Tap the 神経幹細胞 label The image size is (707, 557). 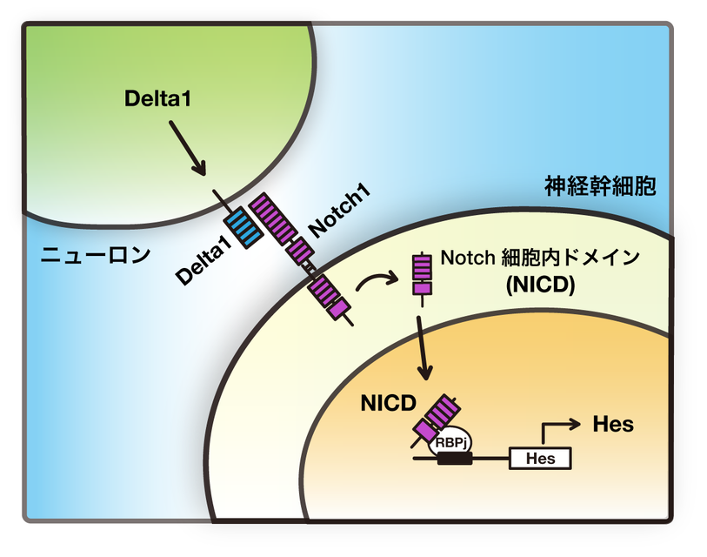600,185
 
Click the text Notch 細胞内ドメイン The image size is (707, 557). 540,258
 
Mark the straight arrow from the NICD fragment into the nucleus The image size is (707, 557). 424,343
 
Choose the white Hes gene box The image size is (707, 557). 539,457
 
